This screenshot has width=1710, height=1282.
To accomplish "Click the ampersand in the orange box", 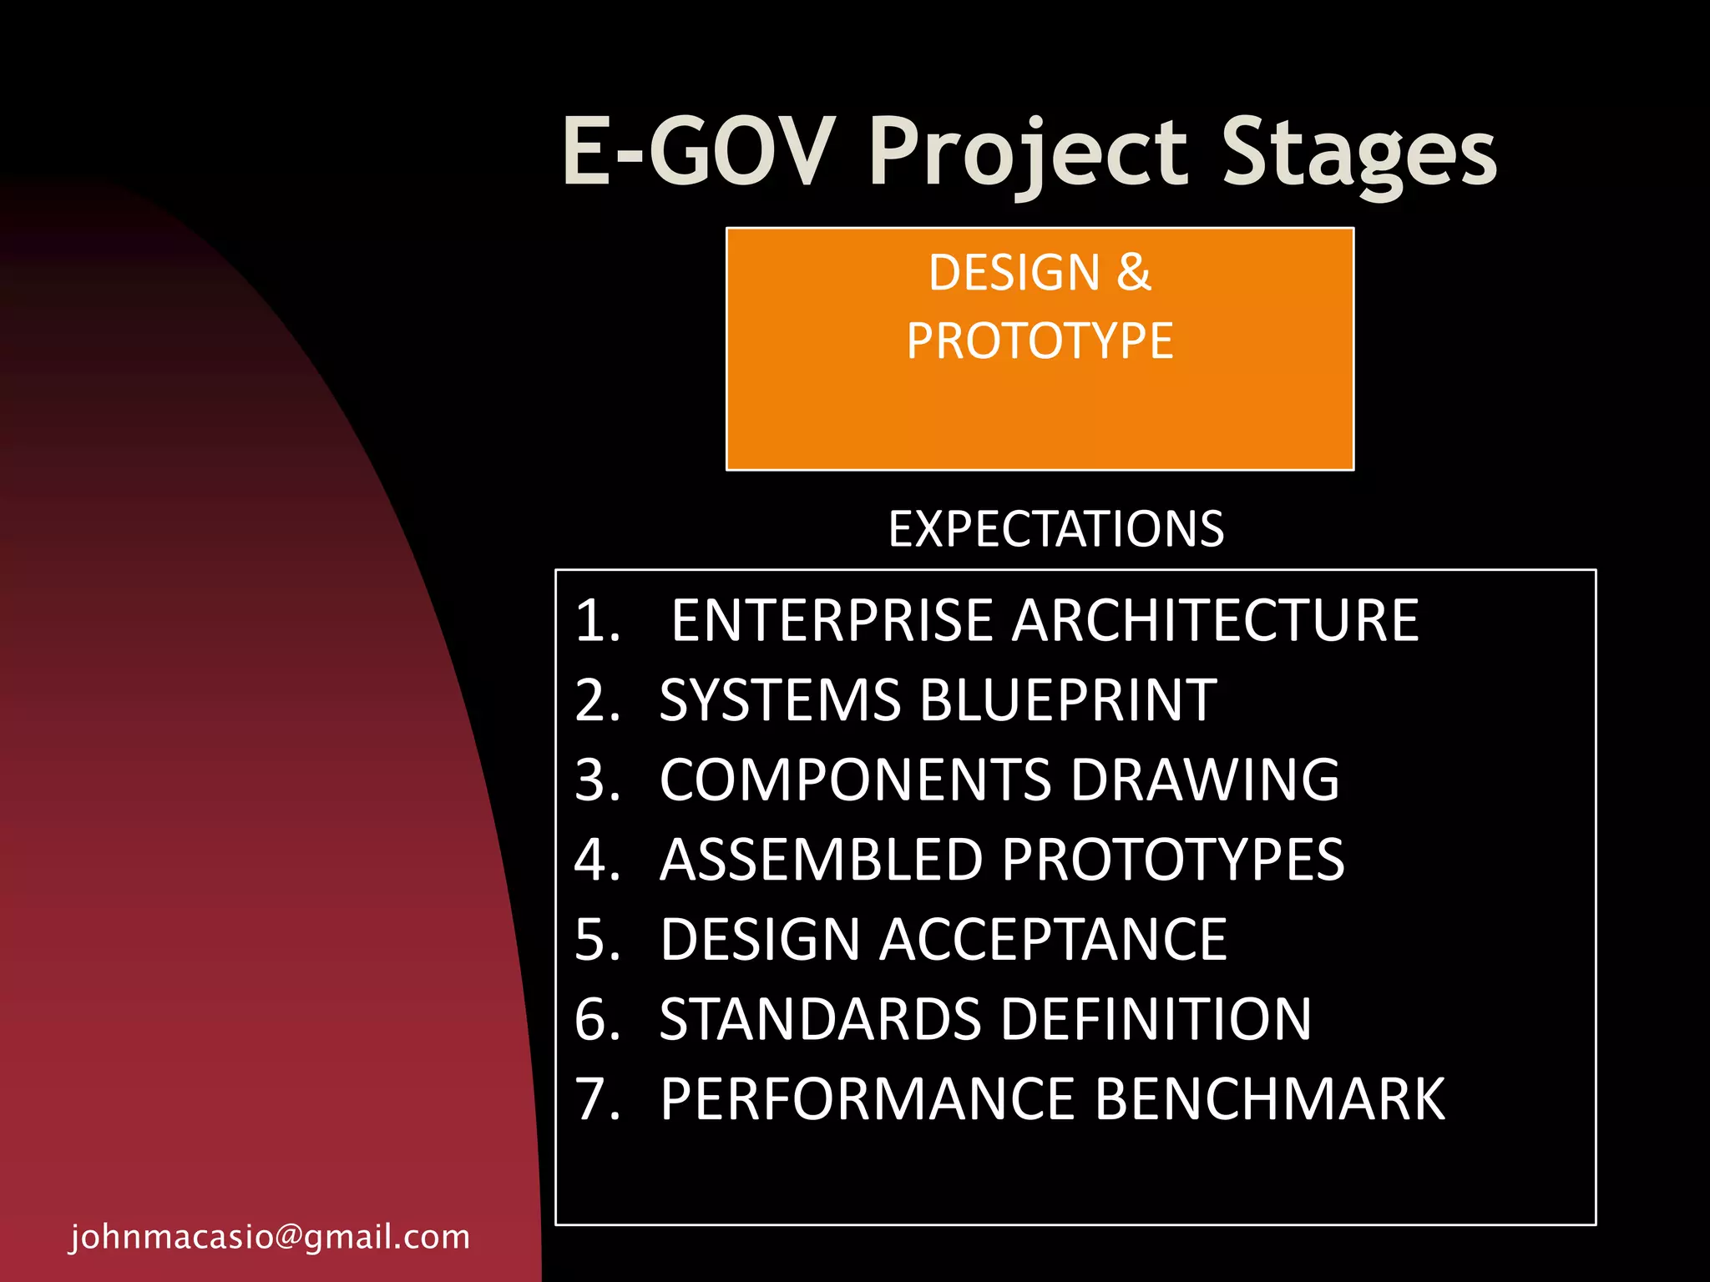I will (x=1133, y=273).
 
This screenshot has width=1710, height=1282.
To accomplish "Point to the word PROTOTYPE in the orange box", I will (x=1040, y=341).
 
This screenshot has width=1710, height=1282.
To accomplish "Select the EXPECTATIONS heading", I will (x=1055, y=529).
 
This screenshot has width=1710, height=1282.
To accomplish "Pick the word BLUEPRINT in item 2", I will (x=1068, y=700).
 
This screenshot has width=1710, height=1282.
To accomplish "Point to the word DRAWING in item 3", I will (x=1205, y=780).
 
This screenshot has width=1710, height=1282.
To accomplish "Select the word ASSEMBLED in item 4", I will (x=820, y=860).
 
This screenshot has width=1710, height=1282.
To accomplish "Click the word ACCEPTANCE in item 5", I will (x=1053, y=940).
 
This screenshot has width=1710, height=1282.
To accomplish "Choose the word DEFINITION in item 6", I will (x=1156, y=1020).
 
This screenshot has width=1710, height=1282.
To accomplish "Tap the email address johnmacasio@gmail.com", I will (x=270, y=1236).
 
